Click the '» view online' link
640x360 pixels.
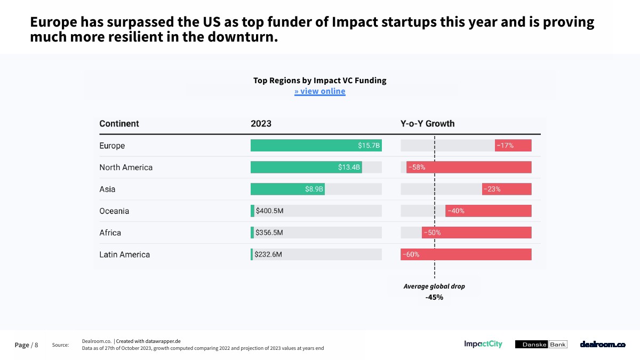tap(320, 91)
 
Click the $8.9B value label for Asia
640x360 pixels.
tap(314, 189)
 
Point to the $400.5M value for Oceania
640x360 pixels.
tap(269, 211)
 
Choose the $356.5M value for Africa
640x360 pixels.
tap(269, 233)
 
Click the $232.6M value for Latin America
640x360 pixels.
tap(268, 255)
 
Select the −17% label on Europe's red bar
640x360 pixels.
tap(505, 146)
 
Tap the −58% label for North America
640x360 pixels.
tap(417, 167)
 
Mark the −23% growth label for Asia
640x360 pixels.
tap(492, 189)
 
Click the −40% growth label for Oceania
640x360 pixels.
tap(455, 211)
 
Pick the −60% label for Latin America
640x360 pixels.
tap(411, 255)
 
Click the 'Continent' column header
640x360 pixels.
tap(119, 124)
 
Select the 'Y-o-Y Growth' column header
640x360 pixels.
tap(428, 124)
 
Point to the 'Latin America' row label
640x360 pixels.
tap(124, 255)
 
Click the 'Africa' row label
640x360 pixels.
tap(110, 233)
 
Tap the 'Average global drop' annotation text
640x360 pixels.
tap(434, 286)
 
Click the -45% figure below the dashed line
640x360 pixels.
tap(434, 298)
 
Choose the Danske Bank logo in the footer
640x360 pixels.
tap(541, 345)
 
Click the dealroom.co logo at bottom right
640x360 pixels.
tap(603, 345)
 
